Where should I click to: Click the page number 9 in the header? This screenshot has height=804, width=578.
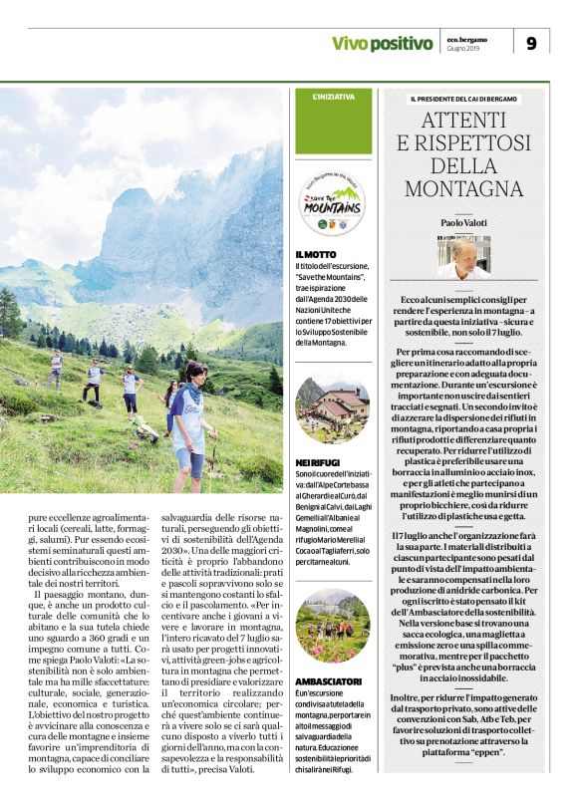[531, 43]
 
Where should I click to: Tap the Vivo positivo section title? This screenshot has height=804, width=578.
[383, 43]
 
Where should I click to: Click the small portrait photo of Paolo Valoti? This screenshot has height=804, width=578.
[463, 258]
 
